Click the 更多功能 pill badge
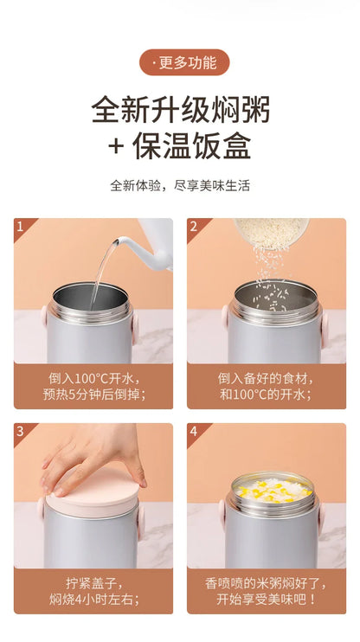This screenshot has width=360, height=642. [x=184, y=62]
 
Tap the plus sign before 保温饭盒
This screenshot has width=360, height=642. [x=116, y=146]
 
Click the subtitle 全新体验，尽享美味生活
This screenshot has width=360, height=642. [x=180, y=185]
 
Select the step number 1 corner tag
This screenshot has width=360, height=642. [x=22, y=227]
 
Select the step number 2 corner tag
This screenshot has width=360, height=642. [x=196, y=227]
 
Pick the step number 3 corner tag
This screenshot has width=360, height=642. [x=22, y=432]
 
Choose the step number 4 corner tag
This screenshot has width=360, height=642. [x=196, y=432]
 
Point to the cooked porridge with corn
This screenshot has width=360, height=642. [x=273, y=489]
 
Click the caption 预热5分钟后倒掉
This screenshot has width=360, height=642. [x=94, y=394]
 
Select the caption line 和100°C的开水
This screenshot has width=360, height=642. [x=266, y=394]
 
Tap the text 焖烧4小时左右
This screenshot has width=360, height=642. [x=94, y=600]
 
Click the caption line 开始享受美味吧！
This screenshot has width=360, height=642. [x=267, y=600]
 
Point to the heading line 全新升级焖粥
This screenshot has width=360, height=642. [x=181, y=110]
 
